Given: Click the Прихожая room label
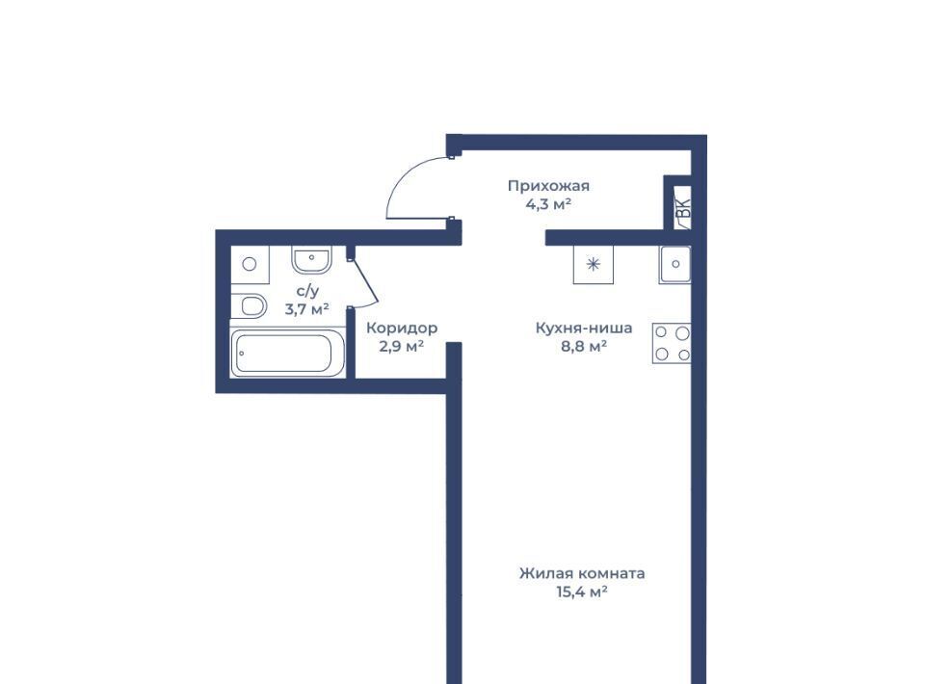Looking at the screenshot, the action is [548, 186].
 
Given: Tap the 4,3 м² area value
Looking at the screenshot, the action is [548, 204].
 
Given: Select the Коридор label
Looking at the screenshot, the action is [402, 328].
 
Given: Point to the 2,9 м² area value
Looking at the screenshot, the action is [401, 346].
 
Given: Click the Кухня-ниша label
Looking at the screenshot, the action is [584, 328].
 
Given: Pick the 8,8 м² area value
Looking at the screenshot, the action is [584, 346].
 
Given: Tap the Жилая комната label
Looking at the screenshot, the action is [582, 573].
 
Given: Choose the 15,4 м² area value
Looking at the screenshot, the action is [582, 592].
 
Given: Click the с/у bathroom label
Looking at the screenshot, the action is [307, 291].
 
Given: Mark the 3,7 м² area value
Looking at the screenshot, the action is [306, 308].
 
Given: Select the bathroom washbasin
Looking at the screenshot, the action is [311, 260].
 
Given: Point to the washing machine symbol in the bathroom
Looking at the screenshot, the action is [250, 265].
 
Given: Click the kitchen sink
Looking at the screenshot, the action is [674, 264].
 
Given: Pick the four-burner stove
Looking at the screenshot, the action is [672, 343].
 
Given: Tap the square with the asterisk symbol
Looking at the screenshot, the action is [594, 264].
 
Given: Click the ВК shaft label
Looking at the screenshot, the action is [682, 209].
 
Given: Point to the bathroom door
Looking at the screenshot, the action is [364, 282].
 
